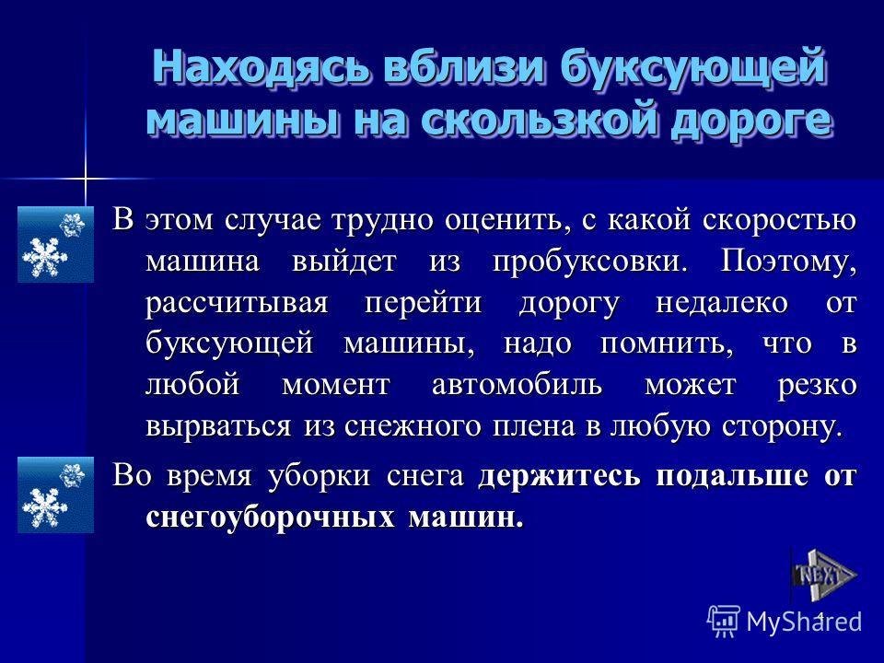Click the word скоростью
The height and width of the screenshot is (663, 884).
click(x=780, y=219)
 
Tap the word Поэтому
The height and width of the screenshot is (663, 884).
click(x=789, y=261)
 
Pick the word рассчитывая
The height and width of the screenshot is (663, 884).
click(x=237, y=303)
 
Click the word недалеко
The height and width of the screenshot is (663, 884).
click(x=722, y=302)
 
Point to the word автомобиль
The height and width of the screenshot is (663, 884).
click(x=517, y=385)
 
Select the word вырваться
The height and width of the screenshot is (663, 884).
click(x=218, y=426)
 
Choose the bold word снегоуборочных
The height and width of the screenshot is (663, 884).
click(x=270, y=518)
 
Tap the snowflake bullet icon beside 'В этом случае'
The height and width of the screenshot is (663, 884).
click(x=55, y=244)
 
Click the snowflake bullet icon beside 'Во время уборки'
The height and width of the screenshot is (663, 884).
click(x=55, y=495)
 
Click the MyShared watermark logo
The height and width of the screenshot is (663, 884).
click(x=785, y=622)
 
